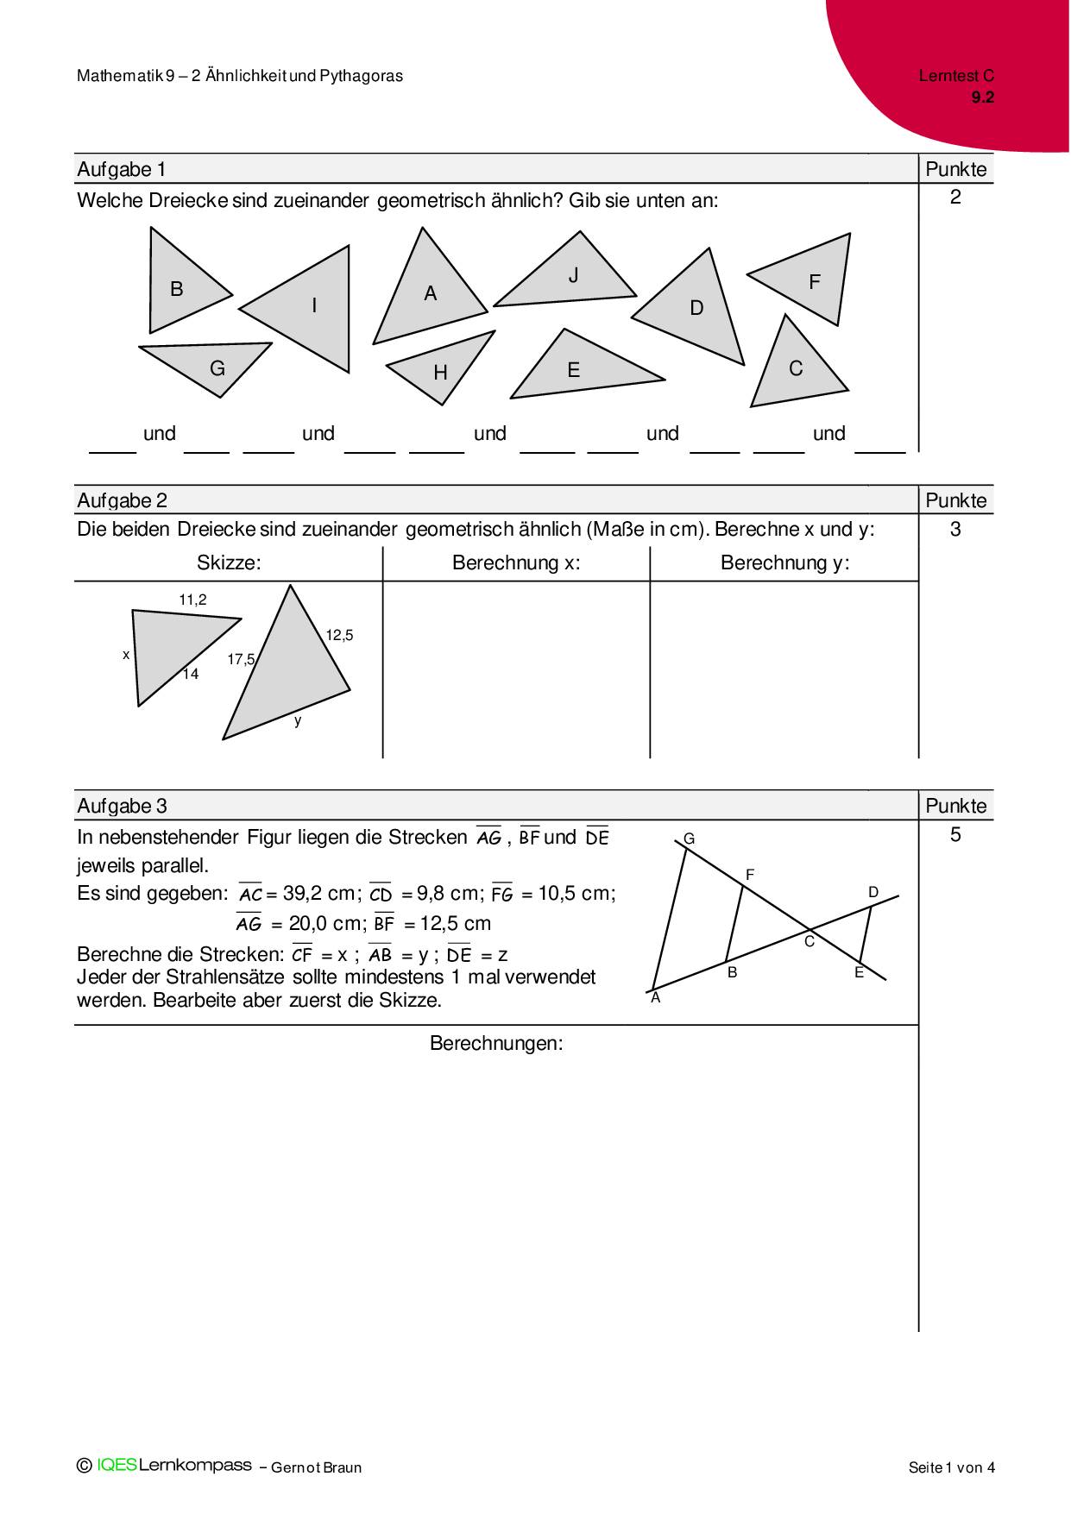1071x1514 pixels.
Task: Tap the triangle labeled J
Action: (x=570, y=278)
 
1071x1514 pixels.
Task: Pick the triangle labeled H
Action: (x=441, y=369)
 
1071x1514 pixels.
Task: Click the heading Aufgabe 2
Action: (x=122, y=500)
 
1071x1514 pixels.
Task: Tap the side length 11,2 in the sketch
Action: (x=192, y=600)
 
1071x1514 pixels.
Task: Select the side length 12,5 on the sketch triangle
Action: (x=339, y=635)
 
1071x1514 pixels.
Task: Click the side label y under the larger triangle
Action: (x=298, y=720)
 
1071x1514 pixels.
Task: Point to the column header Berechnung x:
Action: (x=516, y=563)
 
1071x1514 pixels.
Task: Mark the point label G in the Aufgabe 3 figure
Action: (x=689, y=839)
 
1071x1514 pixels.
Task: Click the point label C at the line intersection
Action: (x=810, y=941)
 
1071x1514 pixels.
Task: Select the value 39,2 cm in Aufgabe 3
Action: (x=318, y=894)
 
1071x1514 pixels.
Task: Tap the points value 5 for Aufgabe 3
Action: (x=955, y=834)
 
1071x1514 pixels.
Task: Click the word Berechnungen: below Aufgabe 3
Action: (x=496, y=1043)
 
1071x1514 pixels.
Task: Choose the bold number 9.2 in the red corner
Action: (x=982, y=97)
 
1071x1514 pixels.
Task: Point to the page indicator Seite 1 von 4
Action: (x=951, y=1467)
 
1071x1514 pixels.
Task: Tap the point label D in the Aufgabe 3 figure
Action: (x=873, y=892)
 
